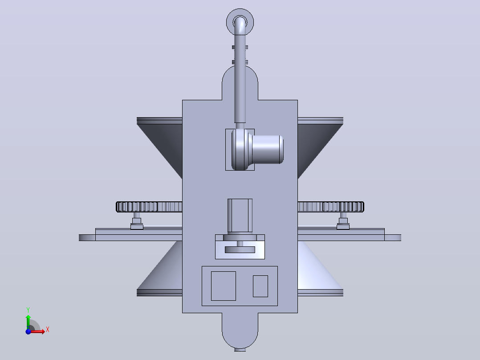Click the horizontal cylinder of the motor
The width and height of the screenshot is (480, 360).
pos(267,150)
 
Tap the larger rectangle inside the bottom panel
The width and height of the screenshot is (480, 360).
pos(224,286)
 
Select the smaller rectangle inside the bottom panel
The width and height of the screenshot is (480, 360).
pos(260,286)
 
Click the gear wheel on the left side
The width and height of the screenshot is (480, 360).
pos(149,207)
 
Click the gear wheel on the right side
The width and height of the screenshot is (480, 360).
pos(331,207)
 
